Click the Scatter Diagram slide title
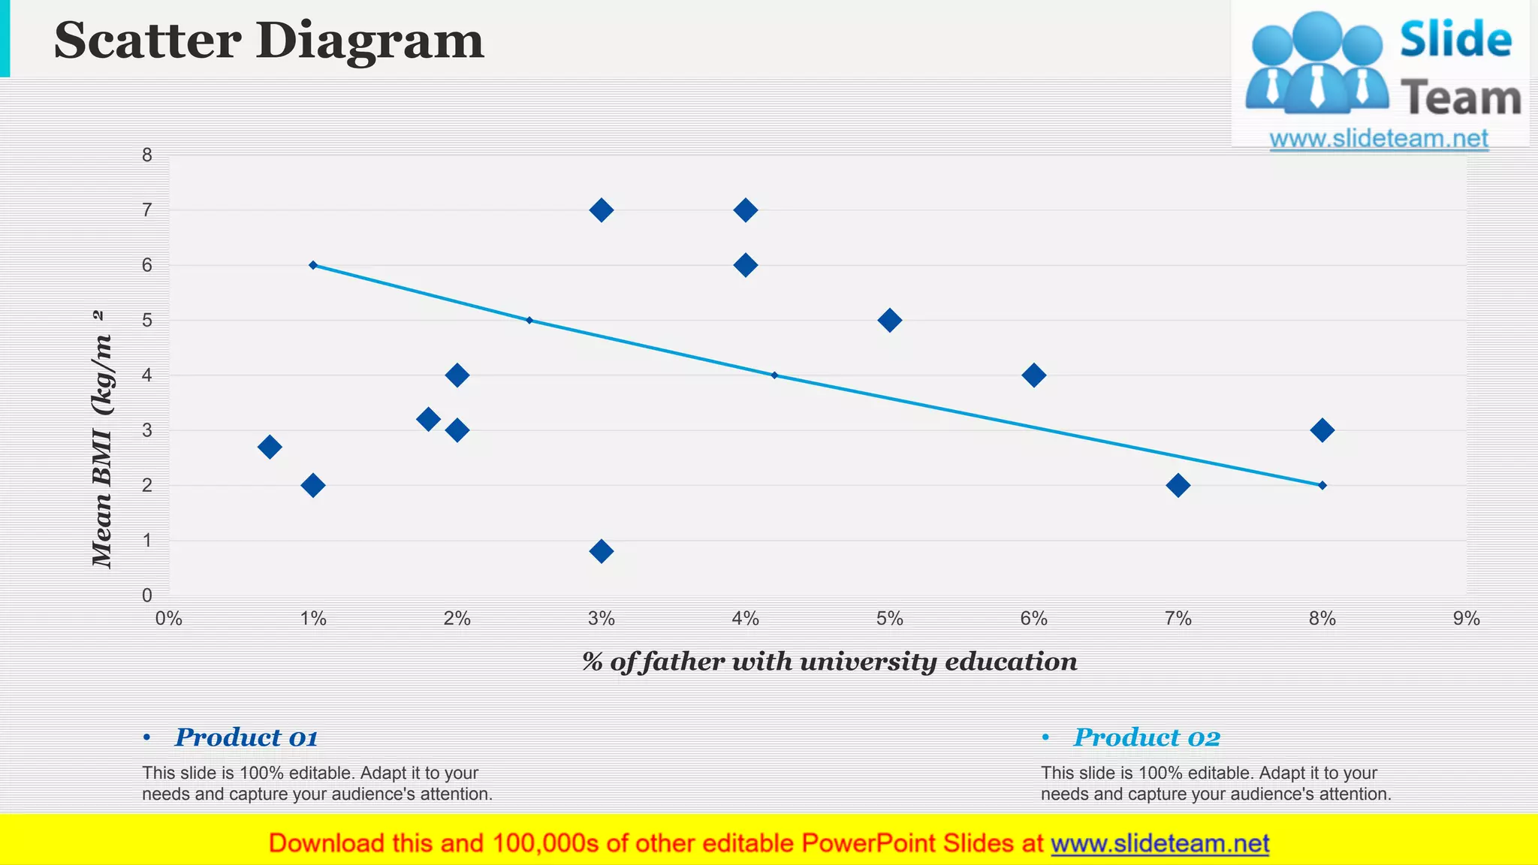click(x=269, y=41)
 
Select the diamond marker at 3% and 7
click(x=601, y=210)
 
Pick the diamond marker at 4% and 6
click(x=745, y=265)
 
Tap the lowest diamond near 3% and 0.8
click(x=601, y=551)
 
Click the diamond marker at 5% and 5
click(x=889, y=321)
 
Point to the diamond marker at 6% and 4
click(x=1033, y=375)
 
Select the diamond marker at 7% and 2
click(x=1178, y=485)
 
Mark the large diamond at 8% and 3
click(x=1322, y=430)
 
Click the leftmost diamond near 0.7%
click(x=270, y=447)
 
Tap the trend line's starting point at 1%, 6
click(x=313, y=265)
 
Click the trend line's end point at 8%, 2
click(x=1322, y=485)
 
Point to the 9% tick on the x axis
click(x=1466, y=619)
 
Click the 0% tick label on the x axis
click(x=169, y=619)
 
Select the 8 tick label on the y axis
click(x=147, y=155)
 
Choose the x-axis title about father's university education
click(x=829, y=662)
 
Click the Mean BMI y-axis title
click(x=102, y=439)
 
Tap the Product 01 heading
click(x=246, y=737)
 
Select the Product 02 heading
click(x=1147, y=737)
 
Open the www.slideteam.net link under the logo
click(x=1379, y=139)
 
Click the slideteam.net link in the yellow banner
click(x=1160, y=843)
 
